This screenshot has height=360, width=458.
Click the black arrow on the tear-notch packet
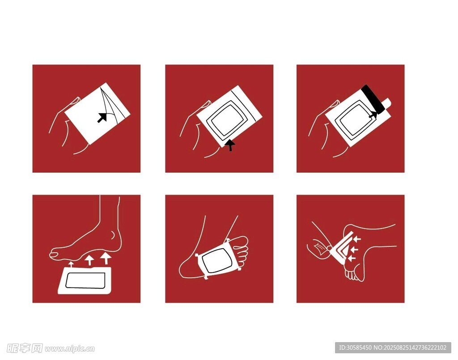102,117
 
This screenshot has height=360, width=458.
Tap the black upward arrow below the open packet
230,145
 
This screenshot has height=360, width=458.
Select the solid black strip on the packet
373,99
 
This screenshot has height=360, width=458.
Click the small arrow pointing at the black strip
373,116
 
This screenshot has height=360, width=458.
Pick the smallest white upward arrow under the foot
71,264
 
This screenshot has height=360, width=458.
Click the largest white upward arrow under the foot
106,258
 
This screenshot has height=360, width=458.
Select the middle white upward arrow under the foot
89,260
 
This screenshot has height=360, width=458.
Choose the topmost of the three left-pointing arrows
356,239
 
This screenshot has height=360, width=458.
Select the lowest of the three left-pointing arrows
352,258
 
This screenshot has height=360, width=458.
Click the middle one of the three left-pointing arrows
354,250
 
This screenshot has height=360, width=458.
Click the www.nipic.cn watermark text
69,349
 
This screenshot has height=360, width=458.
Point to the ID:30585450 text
355,347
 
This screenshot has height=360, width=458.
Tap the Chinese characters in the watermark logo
25,348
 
